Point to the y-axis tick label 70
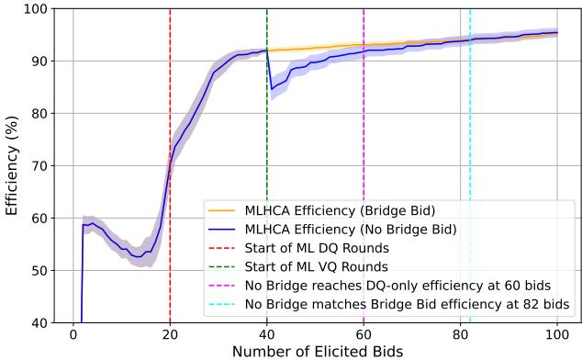coord(39,166)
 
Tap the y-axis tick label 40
coord(39,323)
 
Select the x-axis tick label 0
coord(73,334)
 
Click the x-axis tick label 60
coord(364,334)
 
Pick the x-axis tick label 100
coord(557,334)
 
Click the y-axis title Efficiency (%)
coord(12,166)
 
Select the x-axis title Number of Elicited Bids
coord(315,351)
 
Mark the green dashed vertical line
coord(267,138)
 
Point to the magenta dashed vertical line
coord(364,138)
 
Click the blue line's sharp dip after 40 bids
coord(272,89)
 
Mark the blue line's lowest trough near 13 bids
coord(137,256)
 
